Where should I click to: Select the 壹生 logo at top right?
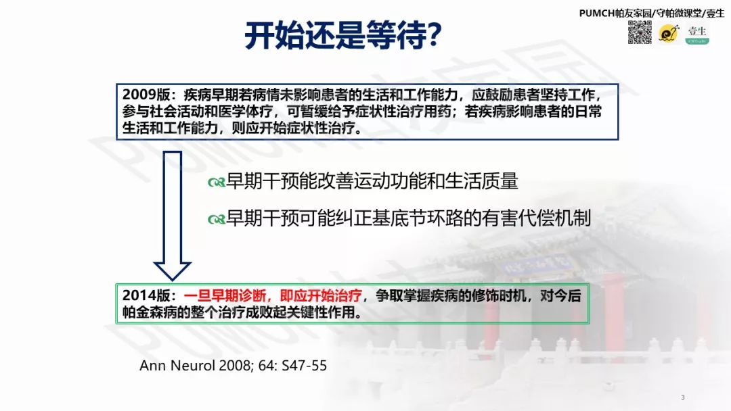(697, 34)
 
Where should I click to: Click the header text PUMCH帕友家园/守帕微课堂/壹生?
(651, 13)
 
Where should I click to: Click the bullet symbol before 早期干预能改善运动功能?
(217, 183)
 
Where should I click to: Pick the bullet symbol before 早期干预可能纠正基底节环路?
(217, 219)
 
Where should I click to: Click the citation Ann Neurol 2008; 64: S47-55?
(233, 366)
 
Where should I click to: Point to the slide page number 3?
(683, 397)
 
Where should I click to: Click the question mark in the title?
(436, 36)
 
